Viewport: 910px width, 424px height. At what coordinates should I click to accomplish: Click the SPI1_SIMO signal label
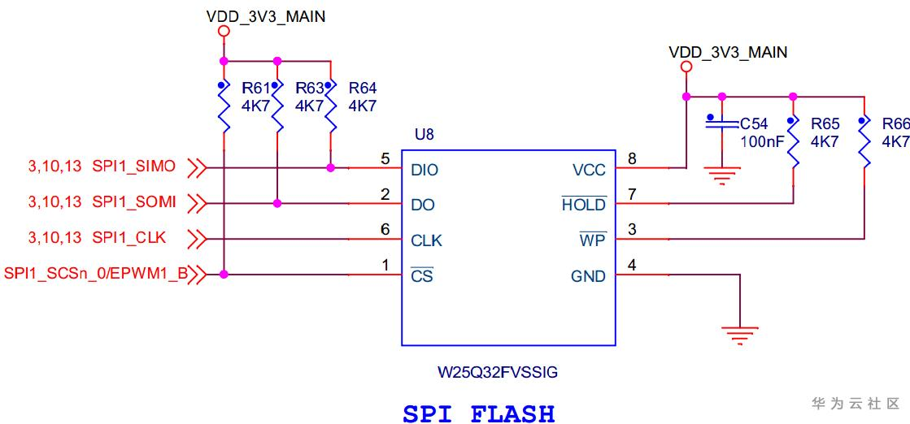[134, 167]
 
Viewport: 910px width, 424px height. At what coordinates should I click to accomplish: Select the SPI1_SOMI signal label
[134, 201]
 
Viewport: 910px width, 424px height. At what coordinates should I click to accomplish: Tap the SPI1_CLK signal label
[129, 237]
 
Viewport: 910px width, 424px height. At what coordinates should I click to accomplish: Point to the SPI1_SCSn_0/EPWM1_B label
[96, 274]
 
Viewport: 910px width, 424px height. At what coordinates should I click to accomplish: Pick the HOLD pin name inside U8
[584, 206]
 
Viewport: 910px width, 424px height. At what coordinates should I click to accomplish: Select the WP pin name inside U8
[593, 241]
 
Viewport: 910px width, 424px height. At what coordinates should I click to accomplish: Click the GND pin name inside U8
[588, 277]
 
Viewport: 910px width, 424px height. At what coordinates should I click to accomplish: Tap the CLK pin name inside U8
[427, 241]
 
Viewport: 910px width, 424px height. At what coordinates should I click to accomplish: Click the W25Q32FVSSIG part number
[499, 374]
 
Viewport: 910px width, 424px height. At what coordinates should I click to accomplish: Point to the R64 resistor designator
[363, 88]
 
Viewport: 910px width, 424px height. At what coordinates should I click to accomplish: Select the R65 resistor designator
[825, 124]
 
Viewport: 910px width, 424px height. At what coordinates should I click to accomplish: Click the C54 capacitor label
[754, 124]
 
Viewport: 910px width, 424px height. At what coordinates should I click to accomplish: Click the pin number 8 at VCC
[631, 159]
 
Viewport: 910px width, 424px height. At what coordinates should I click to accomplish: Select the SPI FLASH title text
[479, 413]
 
